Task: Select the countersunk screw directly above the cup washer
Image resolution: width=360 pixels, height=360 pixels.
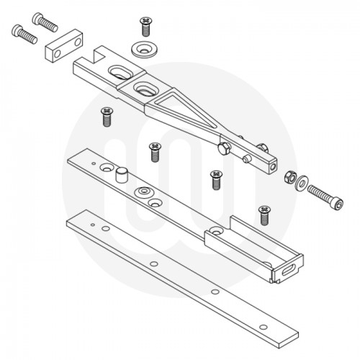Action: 145,27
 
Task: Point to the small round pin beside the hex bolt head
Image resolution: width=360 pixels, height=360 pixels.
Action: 247,158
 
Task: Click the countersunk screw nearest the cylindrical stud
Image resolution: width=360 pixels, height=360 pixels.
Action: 154,151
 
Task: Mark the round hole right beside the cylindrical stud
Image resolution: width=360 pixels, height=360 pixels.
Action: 107,168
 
